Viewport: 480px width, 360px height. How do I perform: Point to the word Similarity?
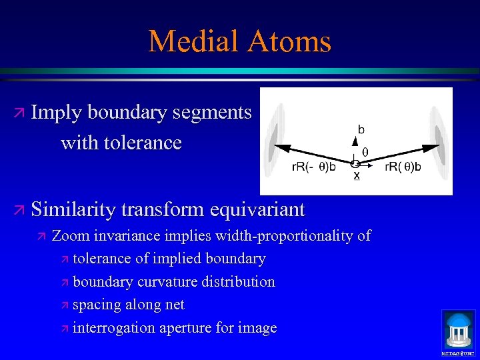pyautogui.click(x=75, y=209)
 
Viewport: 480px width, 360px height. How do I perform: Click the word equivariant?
pyautogui.click(x=257, y=209)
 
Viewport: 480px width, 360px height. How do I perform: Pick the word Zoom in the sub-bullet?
pyautogui.click(x=69, y=235)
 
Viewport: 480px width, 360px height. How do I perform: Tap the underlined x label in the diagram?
pyautogui.click(x=357, y=175)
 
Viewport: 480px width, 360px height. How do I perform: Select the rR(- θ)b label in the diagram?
pyautogui.click(x=314, y=167)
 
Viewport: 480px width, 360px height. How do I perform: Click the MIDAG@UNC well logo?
pyautogui.click(x=459, y=331)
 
